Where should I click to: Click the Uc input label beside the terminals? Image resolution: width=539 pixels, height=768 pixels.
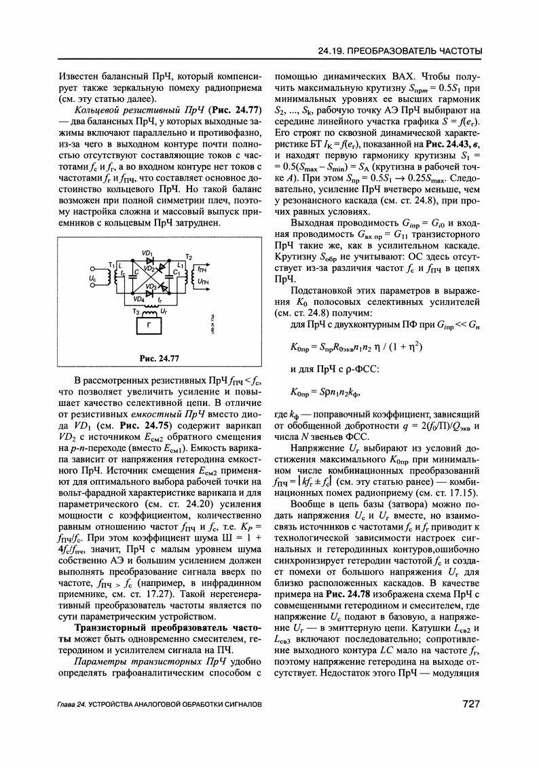coord(92,278)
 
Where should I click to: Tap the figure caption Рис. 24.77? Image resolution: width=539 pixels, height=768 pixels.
coord(160,358)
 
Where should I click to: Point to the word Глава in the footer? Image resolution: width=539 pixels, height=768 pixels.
coord(70,705)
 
